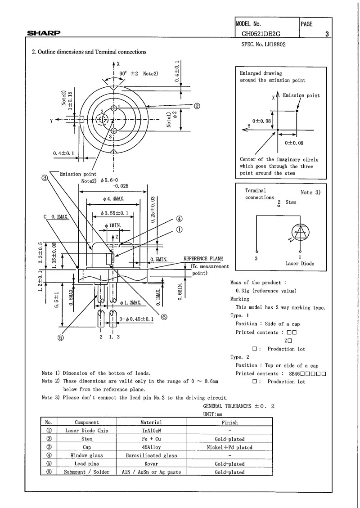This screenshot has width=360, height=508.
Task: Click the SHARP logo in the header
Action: click(x=44, y=33)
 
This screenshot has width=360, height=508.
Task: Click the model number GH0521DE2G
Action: click(x=261, y=33)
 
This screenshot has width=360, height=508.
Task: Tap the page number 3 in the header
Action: click(x=327, y=34)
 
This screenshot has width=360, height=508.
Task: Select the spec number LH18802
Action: click(x=261, y=45)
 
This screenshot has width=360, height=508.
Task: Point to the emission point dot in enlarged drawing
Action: click(x=297, y=111)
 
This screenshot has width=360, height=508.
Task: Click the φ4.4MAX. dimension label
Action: click(x=113, y=198)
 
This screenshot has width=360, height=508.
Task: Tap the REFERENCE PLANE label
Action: click(x=202, y=259)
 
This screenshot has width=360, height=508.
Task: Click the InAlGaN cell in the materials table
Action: click(x=151, y=431)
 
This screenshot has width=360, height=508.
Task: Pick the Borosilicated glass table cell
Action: click(x=151, y=455)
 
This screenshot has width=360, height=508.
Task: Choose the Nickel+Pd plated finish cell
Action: click(x=229, y=447)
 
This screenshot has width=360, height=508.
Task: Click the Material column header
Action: click(x=151, y=423)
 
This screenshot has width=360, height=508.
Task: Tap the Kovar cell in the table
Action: click(x=151, y=463)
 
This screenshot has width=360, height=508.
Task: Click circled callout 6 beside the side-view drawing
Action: click(x=164, y=316)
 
